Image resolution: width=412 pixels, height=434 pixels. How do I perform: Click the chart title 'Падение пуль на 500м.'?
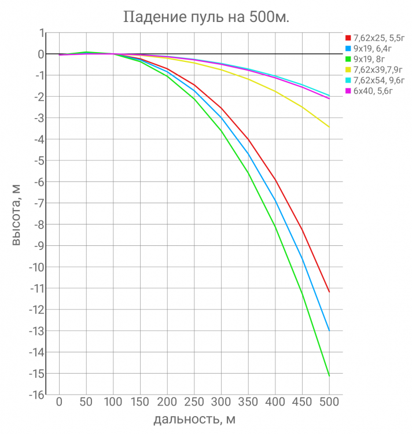(x=206, y=17)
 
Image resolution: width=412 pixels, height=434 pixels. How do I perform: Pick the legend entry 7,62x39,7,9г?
(x=373, y=70)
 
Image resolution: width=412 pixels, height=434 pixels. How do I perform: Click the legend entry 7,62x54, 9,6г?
(x=374, y=81)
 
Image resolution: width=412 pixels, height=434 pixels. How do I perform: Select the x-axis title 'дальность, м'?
(x=194, y=419)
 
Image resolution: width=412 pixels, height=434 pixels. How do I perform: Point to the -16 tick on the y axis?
(x=36, y=395)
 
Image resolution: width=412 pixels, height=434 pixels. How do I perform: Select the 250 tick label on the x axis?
(x=194, y=402)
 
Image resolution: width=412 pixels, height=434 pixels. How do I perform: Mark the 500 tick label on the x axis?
(x=329, y=402)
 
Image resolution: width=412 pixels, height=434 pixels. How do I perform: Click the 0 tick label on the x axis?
(x=59, y=402)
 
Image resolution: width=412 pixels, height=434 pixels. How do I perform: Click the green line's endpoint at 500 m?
(x=329, y=376)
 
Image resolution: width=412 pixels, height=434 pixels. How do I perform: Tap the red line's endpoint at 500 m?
(x=329, y=292)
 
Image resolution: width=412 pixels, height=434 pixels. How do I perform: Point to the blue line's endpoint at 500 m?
(x=329, y=331)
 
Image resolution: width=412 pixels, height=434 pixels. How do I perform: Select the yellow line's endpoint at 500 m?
(x=329, y=127)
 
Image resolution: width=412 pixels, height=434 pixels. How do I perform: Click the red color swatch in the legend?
(x=348, y=37)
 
